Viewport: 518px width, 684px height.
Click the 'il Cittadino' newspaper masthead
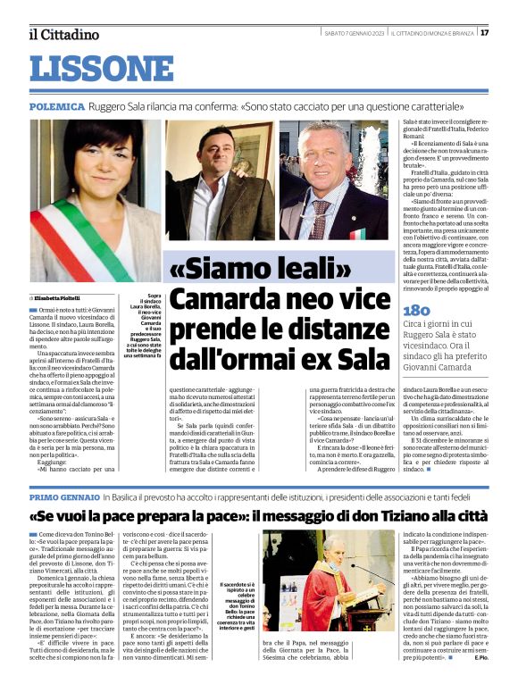[x=63, y=35]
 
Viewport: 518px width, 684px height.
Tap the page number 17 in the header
[x=484, y=33]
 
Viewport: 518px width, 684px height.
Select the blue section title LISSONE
[x=102, y=69]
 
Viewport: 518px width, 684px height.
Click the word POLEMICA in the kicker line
[x=57, y=104]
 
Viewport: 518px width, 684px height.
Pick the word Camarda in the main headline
[x=221, y=301]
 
